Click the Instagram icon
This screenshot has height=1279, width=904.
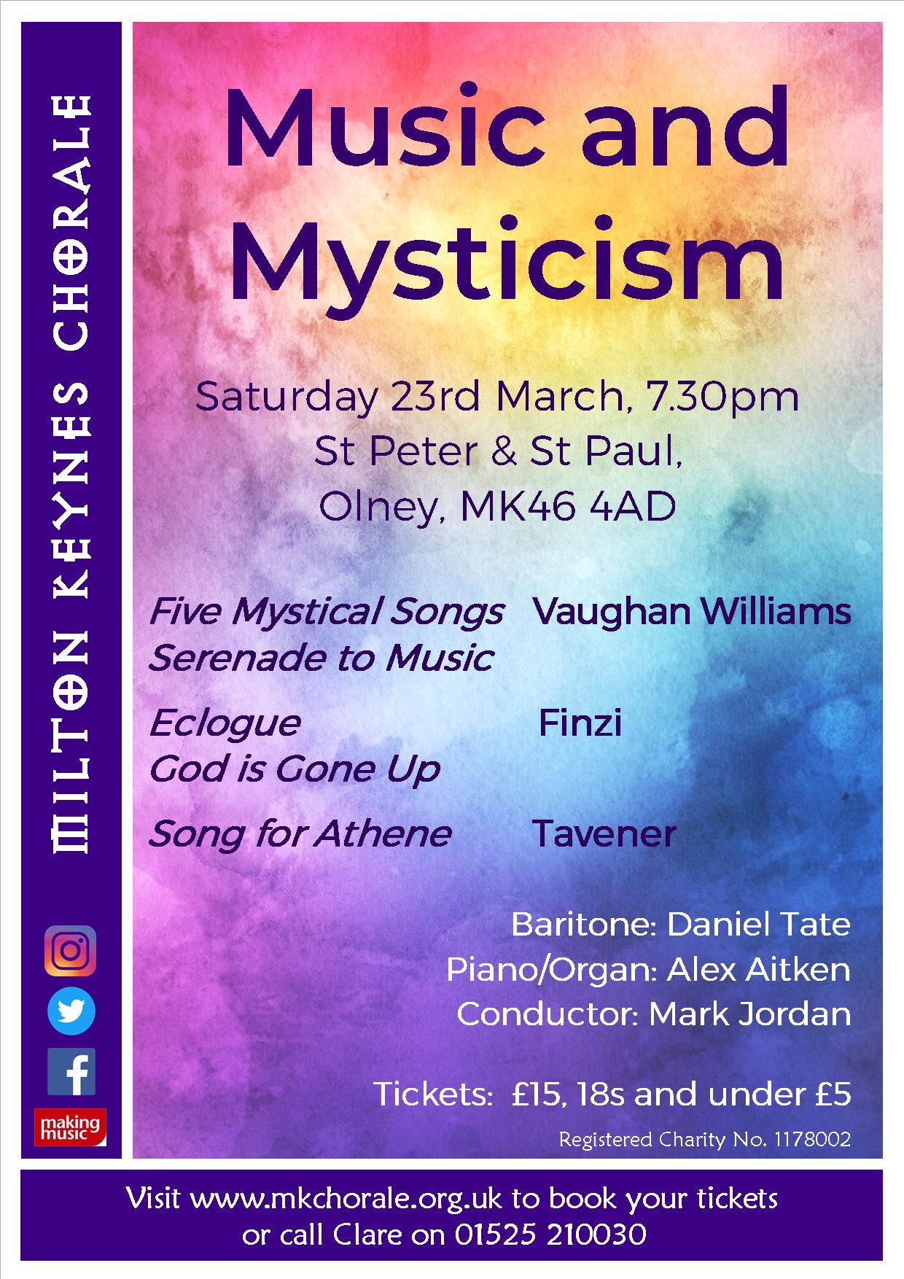[x=70, y=950]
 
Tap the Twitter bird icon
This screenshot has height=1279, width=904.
[x=71, y=1011]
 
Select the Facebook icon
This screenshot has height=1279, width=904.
[x=71, y=1072]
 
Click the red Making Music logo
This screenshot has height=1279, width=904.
[x=70, y=1127]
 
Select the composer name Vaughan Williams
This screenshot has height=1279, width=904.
[x=692, y=610]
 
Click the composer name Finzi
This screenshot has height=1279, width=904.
[x=580, y=723]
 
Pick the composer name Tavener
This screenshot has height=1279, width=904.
[x=604, y=833]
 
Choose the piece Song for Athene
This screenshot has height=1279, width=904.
[x=300, y=833]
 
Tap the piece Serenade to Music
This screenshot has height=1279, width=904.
[x=322, y=657]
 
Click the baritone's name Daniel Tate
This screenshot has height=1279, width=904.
[x=758, y=925]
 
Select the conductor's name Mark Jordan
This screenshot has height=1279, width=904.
[x=749, y=1014]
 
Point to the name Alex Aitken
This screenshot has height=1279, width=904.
[x=759, y=970]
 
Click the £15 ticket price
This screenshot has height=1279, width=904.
[x=537, y=1094]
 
